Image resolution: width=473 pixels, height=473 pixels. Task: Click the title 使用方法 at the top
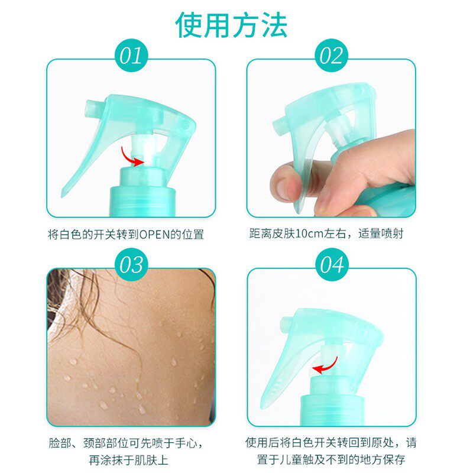pos(231,25)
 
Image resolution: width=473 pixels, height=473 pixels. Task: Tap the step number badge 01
pos(131,56)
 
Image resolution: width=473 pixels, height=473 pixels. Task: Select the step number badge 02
pos(332,56)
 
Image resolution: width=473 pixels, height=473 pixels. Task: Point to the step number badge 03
pos(131,264)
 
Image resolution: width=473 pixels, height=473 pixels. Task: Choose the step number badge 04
pos(332,264)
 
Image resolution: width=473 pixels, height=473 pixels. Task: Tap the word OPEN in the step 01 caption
pos(155,234)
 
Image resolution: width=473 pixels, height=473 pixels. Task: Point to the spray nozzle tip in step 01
pos(90,109)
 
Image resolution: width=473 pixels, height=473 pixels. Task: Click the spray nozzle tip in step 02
pos(278,125)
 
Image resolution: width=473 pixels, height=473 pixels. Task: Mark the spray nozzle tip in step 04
pos(284,323)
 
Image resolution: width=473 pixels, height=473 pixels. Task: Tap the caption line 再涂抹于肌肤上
pos(129,460)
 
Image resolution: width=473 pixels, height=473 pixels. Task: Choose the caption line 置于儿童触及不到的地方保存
pos(331,459)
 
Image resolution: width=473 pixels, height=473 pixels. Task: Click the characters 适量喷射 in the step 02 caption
pos(381,234)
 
